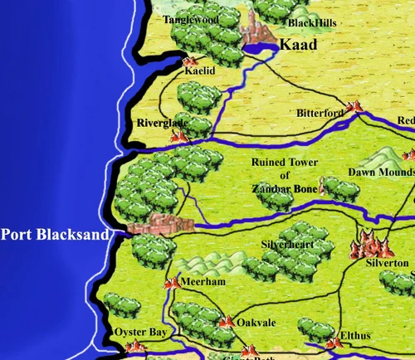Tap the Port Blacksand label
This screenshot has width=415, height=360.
coord(55,235)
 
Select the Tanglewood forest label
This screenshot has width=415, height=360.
coord(190,19)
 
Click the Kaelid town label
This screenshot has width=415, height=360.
coord(199,72)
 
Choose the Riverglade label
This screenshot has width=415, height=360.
coord(163,123)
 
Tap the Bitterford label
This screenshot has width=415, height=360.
coord(320,113)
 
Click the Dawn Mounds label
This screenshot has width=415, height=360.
coord(379,173)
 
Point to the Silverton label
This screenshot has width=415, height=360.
coord(387,263)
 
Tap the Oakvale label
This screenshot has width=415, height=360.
coord(256,324)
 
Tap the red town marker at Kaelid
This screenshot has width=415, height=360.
coord(188,61)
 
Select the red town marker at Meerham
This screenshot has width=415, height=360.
coord(172,284)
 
